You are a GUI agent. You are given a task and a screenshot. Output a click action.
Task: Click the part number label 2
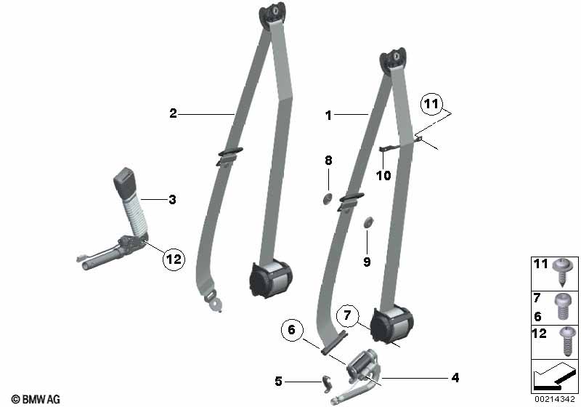(x=173, y=113)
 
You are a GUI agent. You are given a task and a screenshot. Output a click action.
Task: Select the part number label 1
(x=328, y=115)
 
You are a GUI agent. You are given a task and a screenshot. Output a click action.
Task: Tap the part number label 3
(x=172, y=199)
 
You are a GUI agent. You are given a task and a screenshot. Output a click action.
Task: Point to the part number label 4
(x=455, y=377)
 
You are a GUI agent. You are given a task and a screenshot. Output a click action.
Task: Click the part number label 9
(x=367, y=262)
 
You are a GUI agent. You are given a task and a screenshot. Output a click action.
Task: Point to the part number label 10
(x=383, y=175)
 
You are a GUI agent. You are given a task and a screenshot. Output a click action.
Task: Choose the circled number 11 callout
(x=432, y=105)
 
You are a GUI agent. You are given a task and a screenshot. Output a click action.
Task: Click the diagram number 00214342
(x=556, y=399)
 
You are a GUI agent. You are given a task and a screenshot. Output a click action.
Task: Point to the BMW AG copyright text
(x=36, y=399)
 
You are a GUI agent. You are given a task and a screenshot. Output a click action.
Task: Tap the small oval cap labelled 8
(x=328, y=199)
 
